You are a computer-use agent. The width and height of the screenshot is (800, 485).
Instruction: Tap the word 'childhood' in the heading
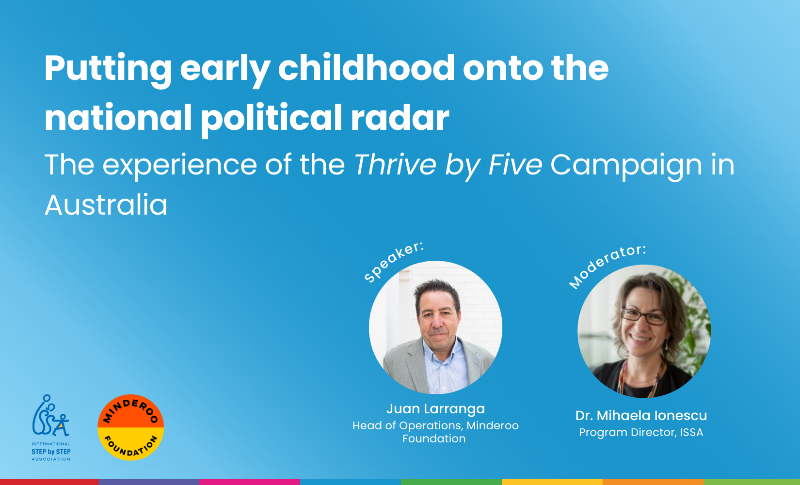366,68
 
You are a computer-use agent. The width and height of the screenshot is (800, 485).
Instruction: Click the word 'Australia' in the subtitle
106,205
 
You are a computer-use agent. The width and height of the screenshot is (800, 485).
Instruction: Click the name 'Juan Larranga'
436,409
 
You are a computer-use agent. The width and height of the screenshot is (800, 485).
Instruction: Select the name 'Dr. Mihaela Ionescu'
641,415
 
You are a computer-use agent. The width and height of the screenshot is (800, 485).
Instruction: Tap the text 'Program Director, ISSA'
641,432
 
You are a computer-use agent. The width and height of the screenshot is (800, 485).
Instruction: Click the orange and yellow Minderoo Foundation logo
131,427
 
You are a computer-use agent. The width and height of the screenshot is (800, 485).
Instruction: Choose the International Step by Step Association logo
51,427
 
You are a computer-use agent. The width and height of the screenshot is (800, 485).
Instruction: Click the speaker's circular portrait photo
436,328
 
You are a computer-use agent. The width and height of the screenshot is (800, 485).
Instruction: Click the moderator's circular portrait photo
644,331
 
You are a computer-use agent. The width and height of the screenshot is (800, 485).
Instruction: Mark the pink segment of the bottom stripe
250,482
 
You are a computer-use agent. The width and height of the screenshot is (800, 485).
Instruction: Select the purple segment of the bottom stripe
149,482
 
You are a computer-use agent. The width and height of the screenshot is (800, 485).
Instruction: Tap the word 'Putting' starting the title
108,70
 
